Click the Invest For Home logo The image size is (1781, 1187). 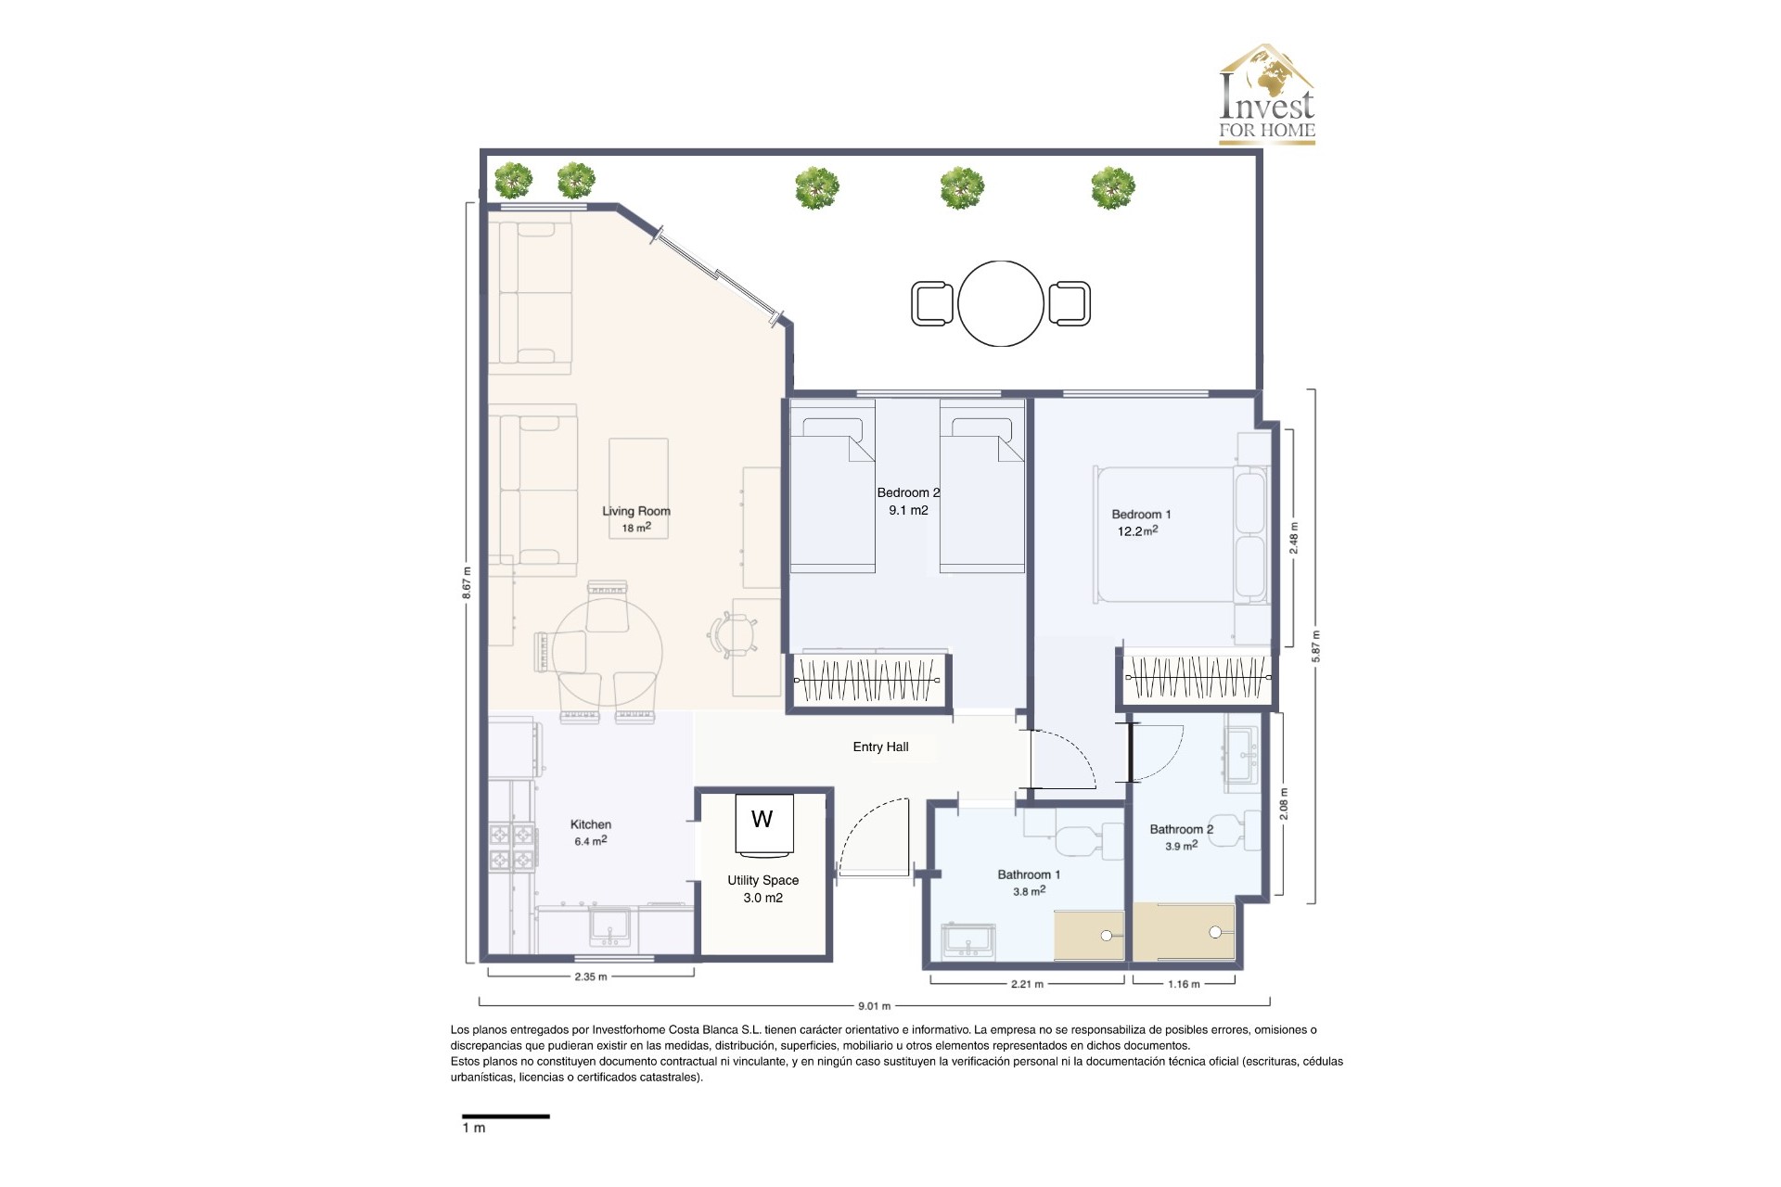pos(1266,95)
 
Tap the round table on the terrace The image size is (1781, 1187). pos(1000,303)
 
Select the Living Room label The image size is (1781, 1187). pos(635,511)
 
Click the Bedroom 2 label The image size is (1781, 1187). pos(907,492)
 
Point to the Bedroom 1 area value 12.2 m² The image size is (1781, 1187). pos(1136,531)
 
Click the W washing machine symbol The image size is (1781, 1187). pos(762,821)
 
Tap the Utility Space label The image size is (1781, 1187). pos(762,880)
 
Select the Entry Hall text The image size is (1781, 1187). pos(880,747)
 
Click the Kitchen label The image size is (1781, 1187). pos(590,824)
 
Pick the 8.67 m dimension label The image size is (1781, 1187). pos(467,582)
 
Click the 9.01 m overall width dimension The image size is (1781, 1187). pos(873,1005)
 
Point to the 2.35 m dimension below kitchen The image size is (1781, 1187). pos(590,976)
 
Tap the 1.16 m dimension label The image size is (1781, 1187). pos(1183,984)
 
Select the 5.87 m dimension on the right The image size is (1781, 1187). pos(1314,646)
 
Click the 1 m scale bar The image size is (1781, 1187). pos(506,1117)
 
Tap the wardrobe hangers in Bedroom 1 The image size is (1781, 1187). pos(1197,678)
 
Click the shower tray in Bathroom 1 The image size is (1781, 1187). pos(1088,935)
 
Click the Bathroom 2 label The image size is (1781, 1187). pos(1180,829)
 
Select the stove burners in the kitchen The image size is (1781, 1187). pos(512,848)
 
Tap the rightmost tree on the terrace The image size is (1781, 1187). pos(1112,188)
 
